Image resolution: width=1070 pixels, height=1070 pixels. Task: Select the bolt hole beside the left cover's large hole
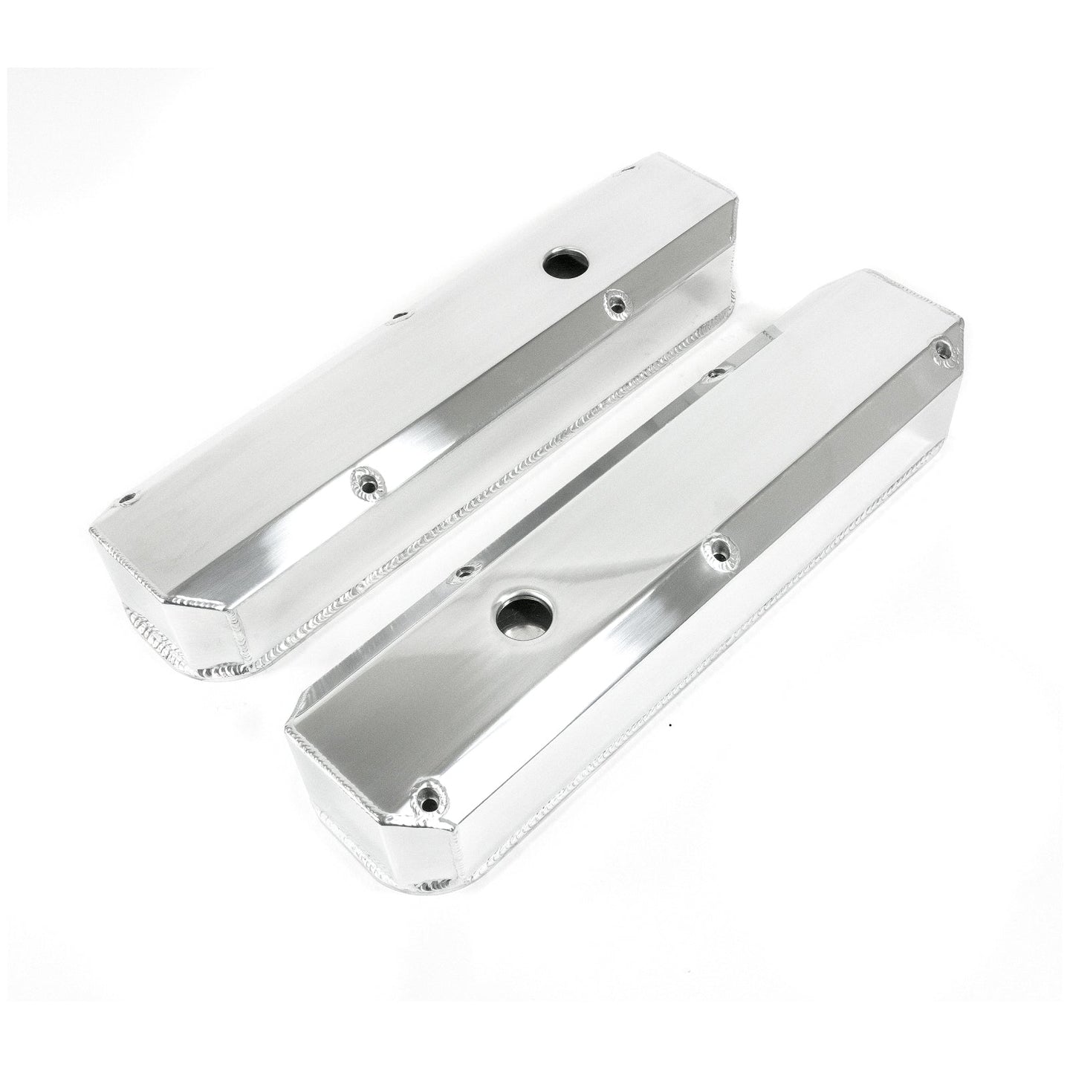(615, 301)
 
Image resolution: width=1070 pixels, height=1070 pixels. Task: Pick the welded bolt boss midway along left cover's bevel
(364, 477)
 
